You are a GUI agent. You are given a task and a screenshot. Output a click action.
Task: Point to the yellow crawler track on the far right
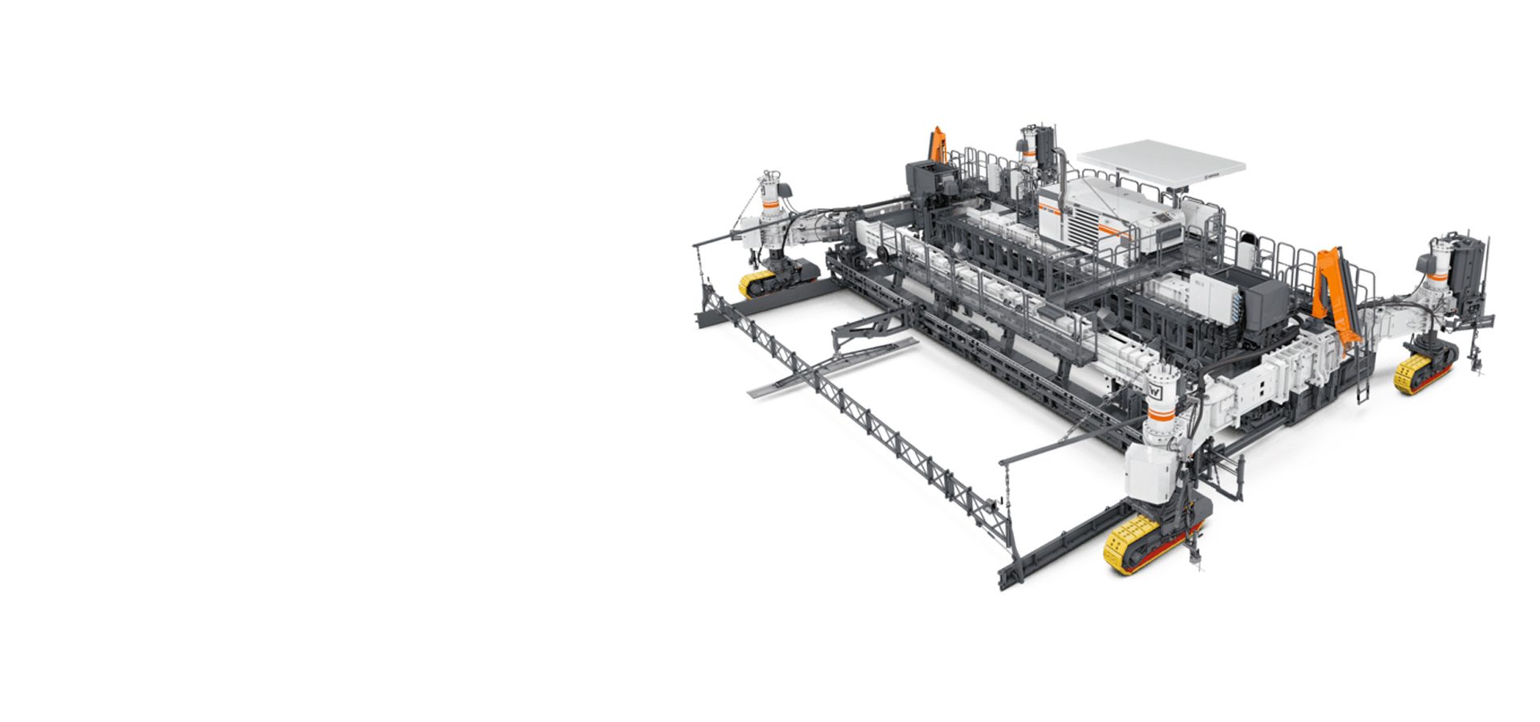[x=1413, y=372]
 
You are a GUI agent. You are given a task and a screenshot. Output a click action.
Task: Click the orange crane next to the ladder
[x=1332, y=290]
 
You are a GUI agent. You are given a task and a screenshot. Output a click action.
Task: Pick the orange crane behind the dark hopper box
[x=937, y=145]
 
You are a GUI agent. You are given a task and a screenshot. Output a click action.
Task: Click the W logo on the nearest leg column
[x=1156, y=393]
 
